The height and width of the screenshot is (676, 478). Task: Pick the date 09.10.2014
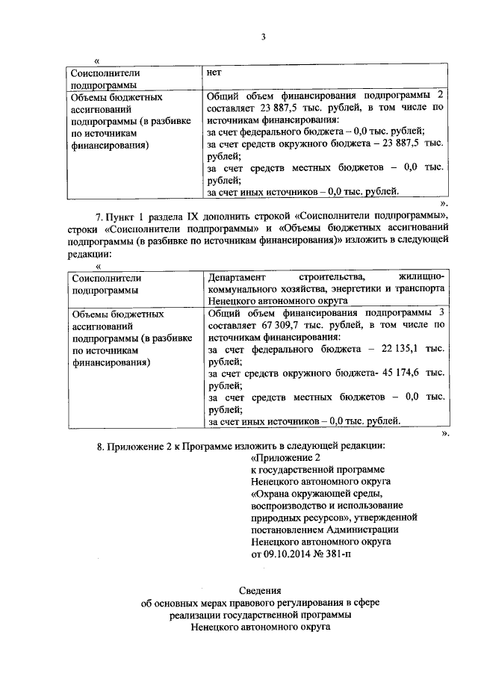tap(285, 555)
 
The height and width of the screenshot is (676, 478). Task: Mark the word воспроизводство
tap(285, 506)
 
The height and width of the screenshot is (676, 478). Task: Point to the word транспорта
tap(420, 289)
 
